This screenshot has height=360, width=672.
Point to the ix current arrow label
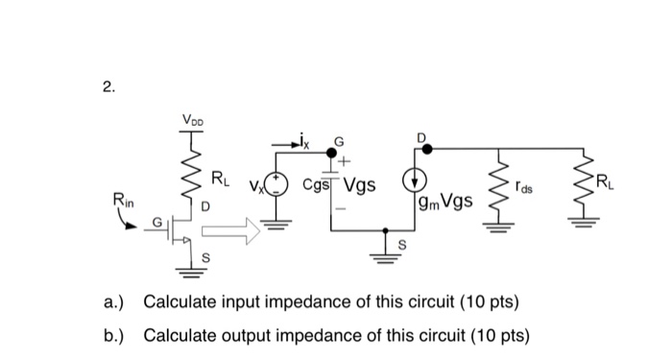(307, 145)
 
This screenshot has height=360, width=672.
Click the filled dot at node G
(333, 152)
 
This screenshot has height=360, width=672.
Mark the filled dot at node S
(387, 229)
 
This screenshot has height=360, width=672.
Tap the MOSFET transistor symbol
(178, 230)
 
